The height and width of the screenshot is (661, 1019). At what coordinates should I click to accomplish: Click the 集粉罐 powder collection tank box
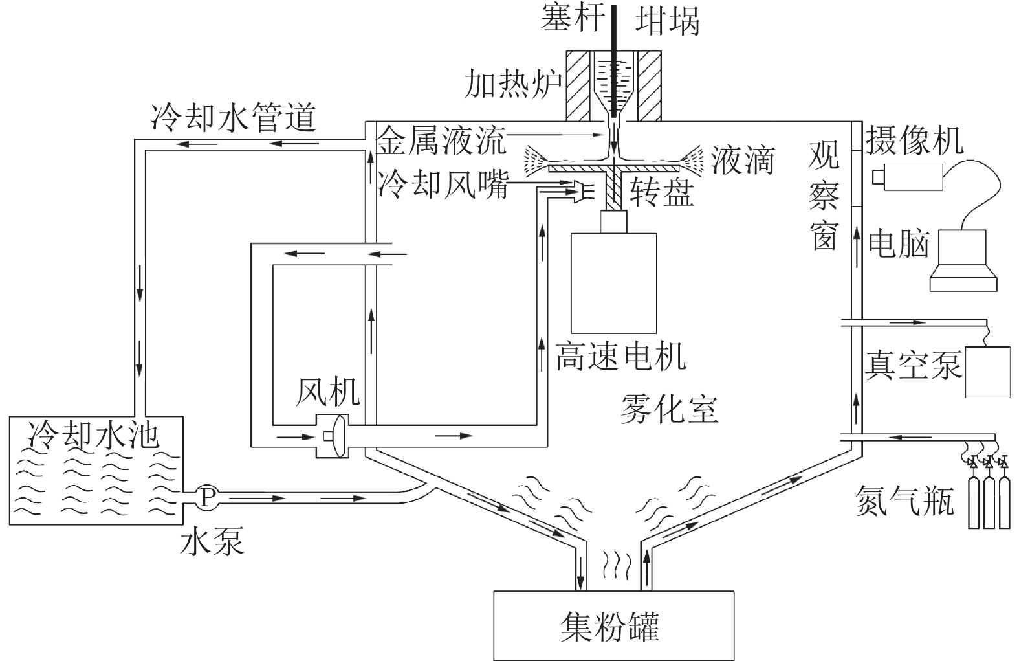coord(613,625)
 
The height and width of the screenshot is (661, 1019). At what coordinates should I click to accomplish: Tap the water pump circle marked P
coord(207,497)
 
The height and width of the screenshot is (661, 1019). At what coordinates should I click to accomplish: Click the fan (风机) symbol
coord(331,435)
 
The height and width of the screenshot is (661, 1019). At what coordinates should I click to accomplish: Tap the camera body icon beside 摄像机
coord(907,177)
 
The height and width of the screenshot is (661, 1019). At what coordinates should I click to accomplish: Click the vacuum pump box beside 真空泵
coord(987,372)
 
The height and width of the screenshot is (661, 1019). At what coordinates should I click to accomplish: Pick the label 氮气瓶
coord(904,500)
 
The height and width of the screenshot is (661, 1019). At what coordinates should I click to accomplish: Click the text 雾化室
coord(669,408)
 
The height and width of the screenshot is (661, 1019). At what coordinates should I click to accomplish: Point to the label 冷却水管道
coord(234,117)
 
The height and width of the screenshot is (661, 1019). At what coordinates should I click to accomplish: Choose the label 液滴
coord(742,159)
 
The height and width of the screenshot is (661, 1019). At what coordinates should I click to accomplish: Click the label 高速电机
coord(620,355)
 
